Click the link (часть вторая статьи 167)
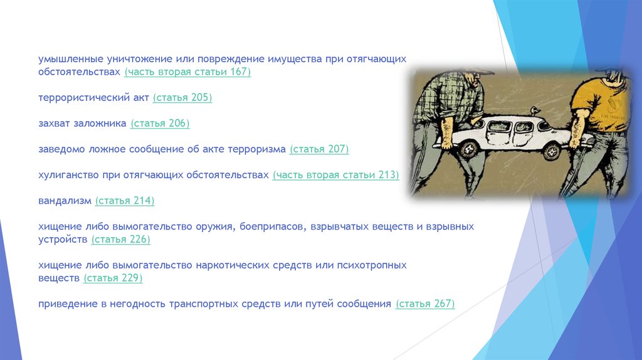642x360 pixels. tap(187, 72)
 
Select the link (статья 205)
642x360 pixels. tap(182, 98)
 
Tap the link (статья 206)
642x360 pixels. tap(160, 124)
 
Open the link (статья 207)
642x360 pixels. tap(319, 149)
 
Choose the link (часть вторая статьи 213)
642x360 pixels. tap(336, 175)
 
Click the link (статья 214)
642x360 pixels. tap(125, 201)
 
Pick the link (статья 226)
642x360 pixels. tap(121, 240)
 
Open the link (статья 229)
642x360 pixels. tap(113, 278)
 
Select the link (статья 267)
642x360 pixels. tap(425, 304)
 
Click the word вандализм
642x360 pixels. tap(65, 201)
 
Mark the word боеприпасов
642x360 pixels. tap(273, 227)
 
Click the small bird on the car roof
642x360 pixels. tap(534, 111)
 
